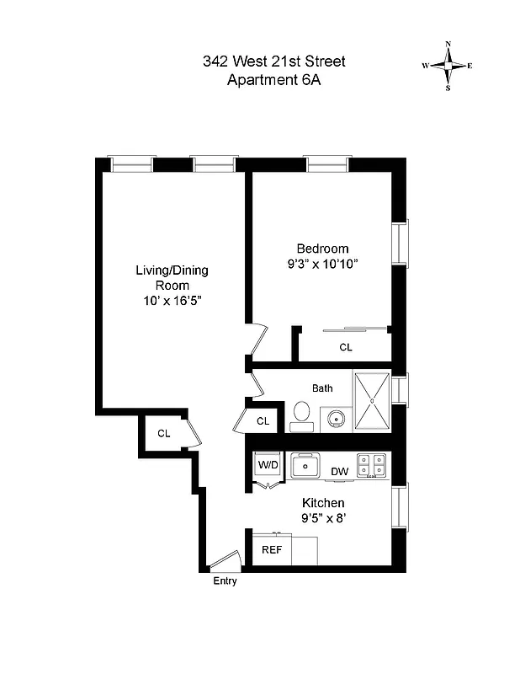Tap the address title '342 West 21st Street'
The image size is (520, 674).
(x=273, y=62)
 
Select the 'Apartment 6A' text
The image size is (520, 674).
(x=274, y=81)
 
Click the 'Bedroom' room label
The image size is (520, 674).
(x=322, y=249)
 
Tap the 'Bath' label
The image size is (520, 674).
(x=322, y=388)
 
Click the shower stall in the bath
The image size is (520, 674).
(x=372, y=400)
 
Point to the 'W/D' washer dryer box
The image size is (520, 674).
(x=268, y=465)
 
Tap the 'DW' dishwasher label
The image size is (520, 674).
(x=339, y=471)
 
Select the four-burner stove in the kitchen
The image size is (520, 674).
(x=372, y=465)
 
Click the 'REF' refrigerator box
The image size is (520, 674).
(x=271, y=549)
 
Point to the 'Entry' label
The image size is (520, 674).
(x=225, y=581)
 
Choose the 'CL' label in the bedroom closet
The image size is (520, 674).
(x=346, y=347)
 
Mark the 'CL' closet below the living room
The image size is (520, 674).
(x=163, y=434)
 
